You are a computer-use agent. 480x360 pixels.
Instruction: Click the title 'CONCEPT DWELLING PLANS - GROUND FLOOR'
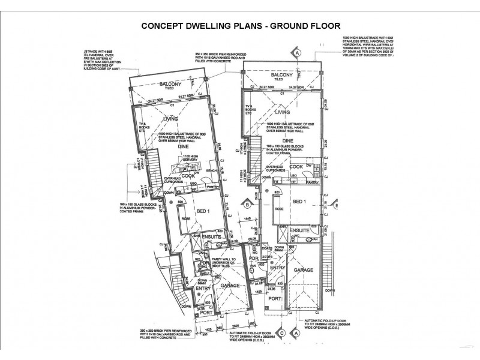tap(240, 26)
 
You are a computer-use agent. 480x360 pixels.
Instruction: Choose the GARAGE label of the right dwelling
tap(304, 271)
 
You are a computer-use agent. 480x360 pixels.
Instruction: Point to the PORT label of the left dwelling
tap(205, 312)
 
